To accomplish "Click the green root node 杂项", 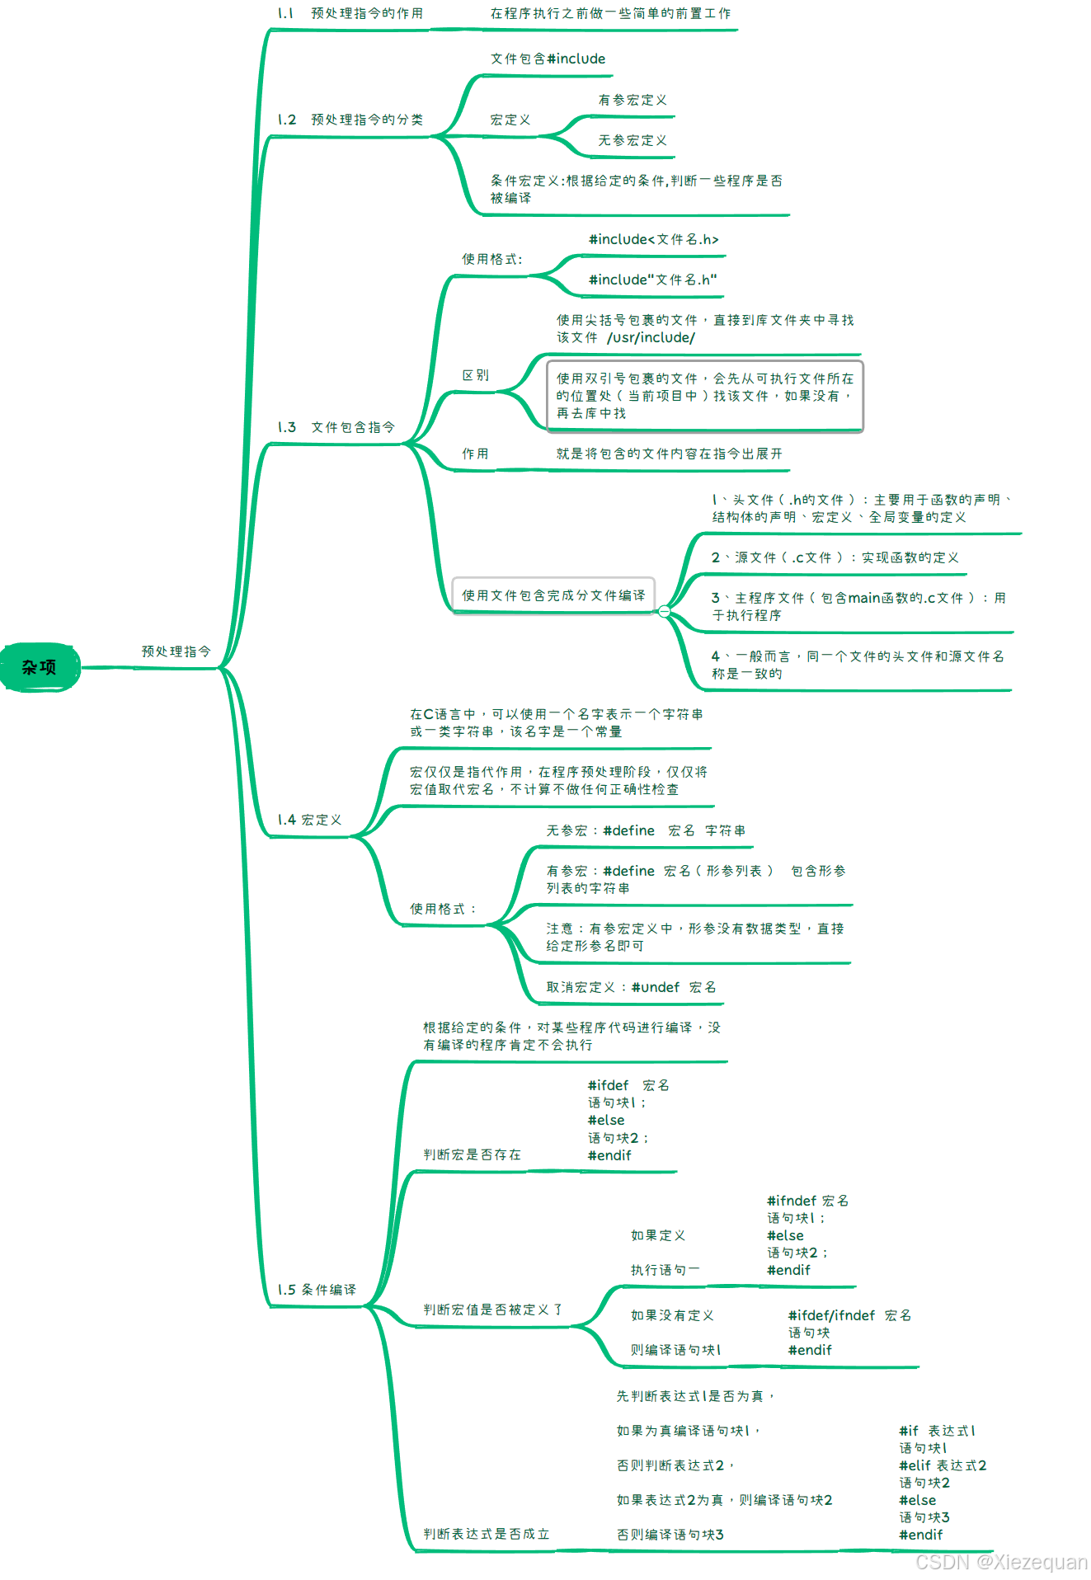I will tap(40, 667).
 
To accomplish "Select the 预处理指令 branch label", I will tap(176, 651).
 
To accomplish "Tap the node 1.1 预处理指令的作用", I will tap(350, 13).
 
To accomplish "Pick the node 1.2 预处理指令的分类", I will tap(350, 120).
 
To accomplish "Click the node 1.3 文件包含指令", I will tap(336, 427).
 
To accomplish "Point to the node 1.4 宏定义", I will tap(309, 820).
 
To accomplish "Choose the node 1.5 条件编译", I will tap(317, 1290).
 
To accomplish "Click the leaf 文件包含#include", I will tap(548, 59).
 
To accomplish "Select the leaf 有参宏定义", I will tap(632, 100).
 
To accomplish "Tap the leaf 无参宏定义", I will tap(632, 140).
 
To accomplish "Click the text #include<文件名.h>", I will tap(653, 239).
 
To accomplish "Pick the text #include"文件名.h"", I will tap(652, 280).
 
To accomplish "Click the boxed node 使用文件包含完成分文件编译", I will tap(553, 595).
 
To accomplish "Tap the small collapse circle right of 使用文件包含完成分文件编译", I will tap(664, 611).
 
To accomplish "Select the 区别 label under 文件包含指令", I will tap(476, 375).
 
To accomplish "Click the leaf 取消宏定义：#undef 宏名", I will tap(631, 987).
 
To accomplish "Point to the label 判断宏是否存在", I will tap(472, 1154).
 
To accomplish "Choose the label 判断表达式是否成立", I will tap(486, 1534).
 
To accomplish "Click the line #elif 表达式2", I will tap(943, 1465).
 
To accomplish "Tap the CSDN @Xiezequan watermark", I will tap(1001, 1562).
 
